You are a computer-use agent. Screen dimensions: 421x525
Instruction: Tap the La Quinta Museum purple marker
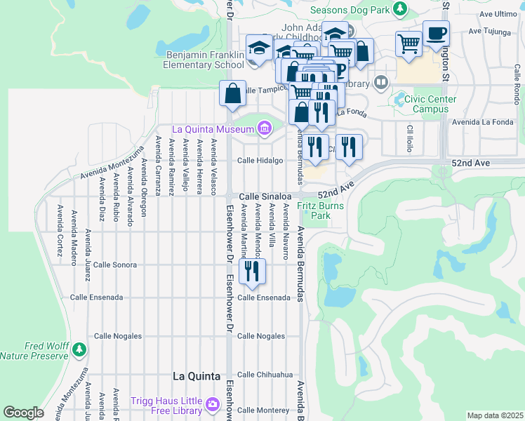coord(265,128)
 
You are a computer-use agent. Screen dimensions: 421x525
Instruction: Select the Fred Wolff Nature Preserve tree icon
coord(79,348)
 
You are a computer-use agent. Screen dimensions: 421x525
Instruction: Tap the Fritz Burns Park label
coord(314,210)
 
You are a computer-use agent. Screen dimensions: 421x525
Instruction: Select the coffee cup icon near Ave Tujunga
coord(436,33)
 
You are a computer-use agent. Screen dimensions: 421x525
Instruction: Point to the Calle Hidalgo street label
coord(260,160)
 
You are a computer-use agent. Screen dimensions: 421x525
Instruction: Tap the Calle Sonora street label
coord(115,265)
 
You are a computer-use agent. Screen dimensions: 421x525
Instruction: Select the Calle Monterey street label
coord(263,410)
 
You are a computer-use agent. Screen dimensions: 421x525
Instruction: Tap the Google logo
coord(23,413)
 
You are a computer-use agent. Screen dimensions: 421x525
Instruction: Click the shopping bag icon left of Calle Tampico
coord(232,93)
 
